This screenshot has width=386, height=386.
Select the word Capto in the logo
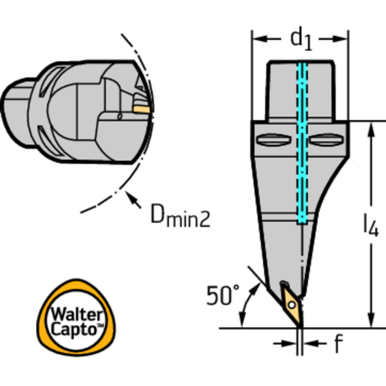coord(75,330)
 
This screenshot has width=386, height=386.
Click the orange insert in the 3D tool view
coord(141,108)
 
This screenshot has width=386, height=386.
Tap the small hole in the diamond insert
coord(291,304)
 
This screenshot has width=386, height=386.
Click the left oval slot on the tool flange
coord(274,140)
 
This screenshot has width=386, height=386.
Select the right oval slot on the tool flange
coord(327,140)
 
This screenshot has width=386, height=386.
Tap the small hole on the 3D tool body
coord(119,117)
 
